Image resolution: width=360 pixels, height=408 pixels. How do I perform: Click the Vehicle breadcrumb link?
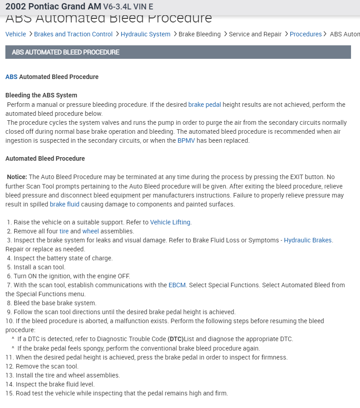coord(16,34)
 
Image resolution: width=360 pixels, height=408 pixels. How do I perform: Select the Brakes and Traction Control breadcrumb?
coord(73,34)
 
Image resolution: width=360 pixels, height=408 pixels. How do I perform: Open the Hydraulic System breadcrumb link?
coord(145,34)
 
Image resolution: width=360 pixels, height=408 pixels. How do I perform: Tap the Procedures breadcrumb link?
coord(306,34)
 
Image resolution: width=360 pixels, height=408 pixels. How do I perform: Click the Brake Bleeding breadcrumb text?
coord(199,34)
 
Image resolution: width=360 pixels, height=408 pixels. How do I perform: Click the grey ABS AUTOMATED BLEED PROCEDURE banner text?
coord(66,52)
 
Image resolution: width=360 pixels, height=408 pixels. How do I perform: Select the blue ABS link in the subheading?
coord(11,77)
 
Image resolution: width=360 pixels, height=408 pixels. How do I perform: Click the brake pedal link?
coord(205,105)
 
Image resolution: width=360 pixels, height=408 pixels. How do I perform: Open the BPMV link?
coord(186,140)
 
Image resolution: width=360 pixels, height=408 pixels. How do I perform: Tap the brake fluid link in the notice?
coord(65,204)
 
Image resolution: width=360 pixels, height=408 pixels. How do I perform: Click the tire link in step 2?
coord(64,231)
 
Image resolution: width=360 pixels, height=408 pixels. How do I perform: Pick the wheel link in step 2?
coord(90,231)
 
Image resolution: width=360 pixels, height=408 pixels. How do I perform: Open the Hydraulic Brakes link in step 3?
coord(307,240)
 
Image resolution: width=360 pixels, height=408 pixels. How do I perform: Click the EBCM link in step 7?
coord(177,285)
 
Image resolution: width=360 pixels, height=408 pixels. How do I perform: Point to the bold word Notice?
coord(17,177)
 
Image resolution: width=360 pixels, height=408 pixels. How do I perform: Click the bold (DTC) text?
coord(176,339)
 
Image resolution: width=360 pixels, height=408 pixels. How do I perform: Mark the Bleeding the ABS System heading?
coord(41,95)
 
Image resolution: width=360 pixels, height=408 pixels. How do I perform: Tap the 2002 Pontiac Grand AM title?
coord(53,7)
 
